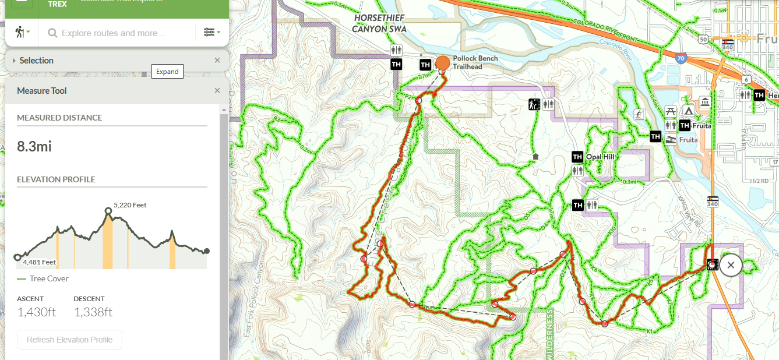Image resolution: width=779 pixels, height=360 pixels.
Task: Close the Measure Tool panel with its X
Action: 217,90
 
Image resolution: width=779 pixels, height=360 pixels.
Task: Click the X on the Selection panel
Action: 217,60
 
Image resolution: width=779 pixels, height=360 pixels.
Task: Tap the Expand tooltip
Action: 167,72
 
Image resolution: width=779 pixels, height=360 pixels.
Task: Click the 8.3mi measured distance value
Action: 34,146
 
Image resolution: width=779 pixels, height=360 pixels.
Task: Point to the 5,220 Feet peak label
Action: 130,205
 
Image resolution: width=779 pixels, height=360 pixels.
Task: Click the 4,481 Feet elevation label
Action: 40,262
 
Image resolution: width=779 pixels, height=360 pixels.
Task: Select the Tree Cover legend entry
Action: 49,278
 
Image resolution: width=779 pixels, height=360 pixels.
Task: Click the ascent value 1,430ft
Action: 37,312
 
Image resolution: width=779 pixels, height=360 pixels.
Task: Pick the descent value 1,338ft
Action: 93,312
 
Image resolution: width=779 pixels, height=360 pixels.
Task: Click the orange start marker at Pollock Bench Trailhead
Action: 443,62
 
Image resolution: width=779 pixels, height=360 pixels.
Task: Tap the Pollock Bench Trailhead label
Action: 475,62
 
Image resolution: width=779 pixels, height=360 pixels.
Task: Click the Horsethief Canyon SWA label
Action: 379,23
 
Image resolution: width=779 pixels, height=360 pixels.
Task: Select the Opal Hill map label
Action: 600,157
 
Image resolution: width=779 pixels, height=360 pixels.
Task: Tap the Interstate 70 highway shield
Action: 681,58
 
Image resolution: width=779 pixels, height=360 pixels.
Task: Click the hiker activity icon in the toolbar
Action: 20,33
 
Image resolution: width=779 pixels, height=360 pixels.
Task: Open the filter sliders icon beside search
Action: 211,33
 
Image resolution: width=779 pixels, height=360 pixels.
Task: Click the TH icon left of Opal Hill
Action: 577,157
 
